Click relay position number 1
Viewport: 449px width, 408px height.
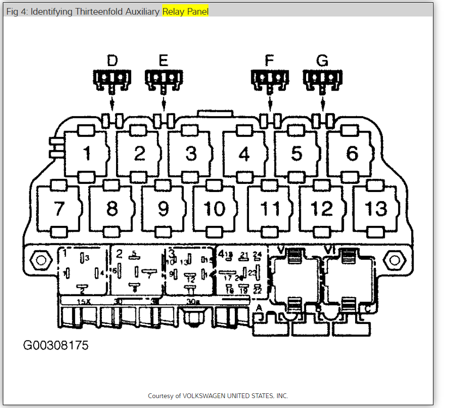[x=87, y=153]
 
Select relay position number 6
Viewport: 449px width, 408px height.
[x=352, y=153]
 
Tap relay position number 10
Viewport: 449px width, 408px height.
[x=214, y=208]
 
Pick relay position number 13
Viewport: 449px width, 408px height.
[x=376, y=208]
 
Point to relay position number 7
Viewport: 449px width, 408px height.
[x=58, y=208]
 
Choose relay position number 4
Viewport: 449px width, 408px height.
[x=244, y=153]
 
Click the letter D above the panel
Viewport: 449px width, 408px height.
[x=112, y=60]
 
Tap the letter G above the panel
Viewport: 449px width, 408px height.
[x=322, y=60]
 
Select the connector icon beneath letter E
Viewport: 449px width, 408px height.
[x=163, y=79]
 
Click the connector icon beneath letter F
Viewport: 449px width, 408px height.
[x=269, y=79]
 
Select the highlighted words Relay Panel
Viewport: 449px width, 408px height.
[x=185, y=12]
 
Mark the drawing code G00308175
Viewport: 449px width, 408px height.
[x=56, y=345]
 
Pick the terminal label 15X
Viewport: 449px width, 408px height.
[x=83, y=301]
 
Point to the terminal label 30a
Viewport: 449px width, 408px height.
[x=192, y=301]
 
